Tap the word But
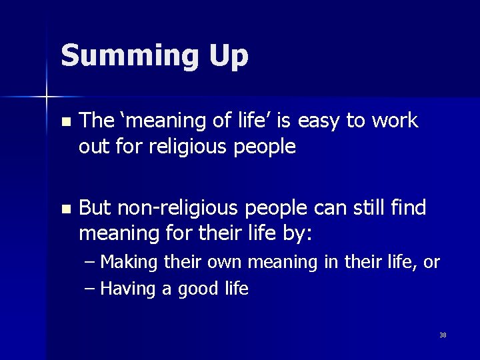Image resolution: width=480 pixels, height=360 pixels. [95, 208]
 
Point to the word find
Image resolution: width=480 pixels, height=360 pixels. [409, 208]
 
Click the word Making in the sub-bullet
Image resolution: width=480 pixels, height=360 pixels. [129, 263]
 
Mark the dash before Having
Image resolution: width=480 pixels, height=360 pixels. [91, 289]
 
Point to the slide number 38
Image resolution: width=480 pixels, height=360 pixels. [443, 335]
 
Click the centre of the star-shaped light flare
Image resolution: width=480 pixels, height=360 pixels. [47, 97]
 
